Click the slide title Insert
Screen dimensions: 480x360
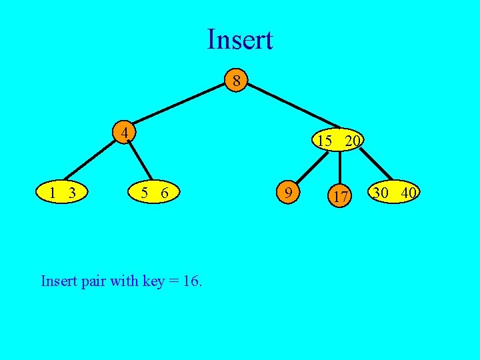(x=239, y=39)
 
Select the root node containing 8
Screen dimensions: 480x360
(x=235, y=82)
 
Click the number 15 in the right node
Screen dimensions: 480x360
(x=325, y=141)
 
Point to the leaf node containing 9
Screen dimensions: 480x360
(x=287, y=193)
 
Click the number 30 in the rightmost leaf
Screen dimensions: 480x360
(x=381, y=193)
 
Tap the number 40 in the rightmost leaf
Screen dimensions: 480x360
(x=409, y=193)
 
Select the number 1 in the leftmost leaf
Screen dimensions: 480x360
(x=52, y=193)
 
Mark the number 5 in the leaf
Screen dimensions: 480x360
(x=144, y=193)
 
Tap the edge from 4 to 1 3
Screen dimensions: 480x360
(x=91, y=160)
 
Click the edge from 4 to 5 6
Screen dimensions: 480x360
(x=141, y=160)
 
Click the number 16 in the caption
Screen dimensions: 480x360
(x=192, y=281)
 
